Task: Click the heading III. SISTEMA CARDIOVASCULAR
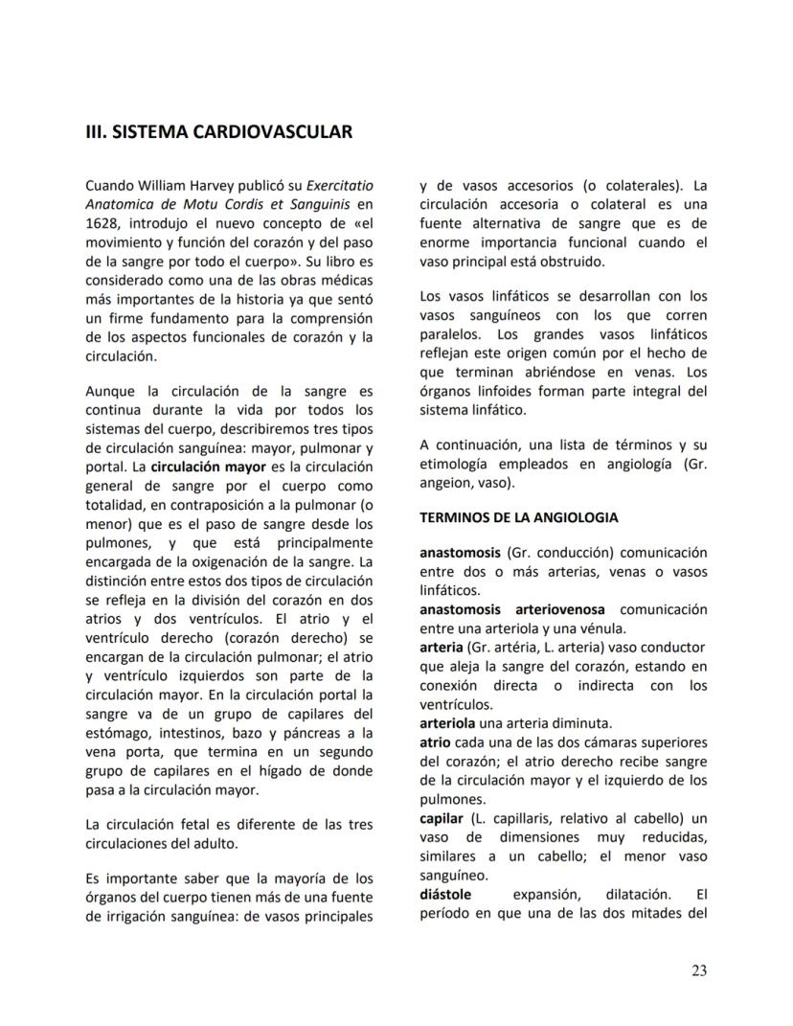point(218,131)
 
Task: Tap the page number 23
point(699,970)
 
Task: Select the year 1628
point(102,221)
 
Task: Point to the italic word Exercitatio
point(339,185)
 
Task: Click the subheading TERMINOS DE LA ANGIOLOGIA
point(518,517)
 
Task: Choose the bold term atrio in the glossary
point(436,742)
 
